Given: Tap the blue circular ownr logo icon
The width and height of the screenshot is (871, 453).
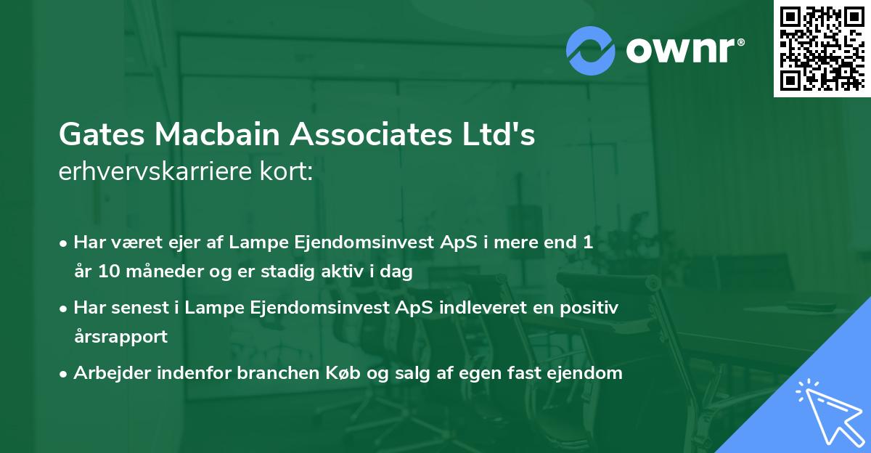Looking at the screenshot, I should [591, 50].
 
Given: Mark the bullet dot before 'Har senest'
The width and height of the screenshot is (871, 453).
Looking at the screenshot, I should [65, 309].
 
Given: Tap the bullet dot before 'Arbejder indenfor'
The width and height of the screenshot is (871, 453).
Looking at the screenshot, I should [65, 374].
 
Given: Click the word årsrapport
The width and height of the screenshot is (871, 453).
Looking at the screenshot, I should [120, 337].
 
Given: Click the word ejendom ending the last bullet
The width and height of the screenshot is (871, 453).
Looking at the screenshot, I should [587, 373].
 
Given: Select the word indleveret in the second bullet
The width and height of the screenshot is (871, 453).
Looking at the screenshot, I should [480, 308].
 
